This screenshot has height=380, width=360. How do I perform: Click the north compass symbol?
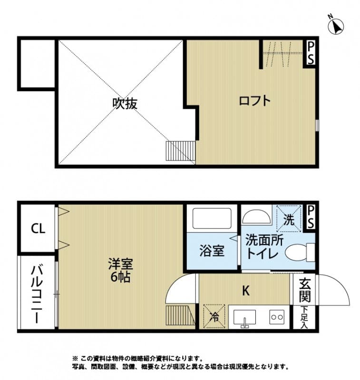coord(337,26)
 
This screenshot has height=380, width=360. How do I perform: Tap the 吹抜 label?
coord(125,103)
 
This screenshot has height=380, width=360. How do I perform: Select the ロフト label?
coord(254,101)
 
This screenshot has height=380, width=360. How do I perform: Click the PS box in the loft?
coord(310,53)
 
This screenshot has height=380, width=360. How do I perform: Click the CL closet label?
coord(38,229)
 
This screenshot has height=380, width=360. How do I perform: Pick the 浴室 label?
coord(212,251)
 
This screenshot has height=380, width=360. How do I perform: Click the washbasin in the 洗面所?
coord(255,217)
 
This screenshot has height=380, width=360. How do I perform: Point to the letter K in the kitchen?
coord(246,291)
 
